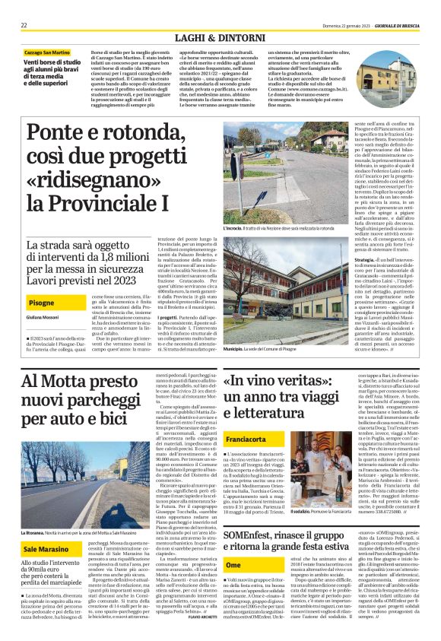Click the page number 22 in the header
click(x=24, y=25)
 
